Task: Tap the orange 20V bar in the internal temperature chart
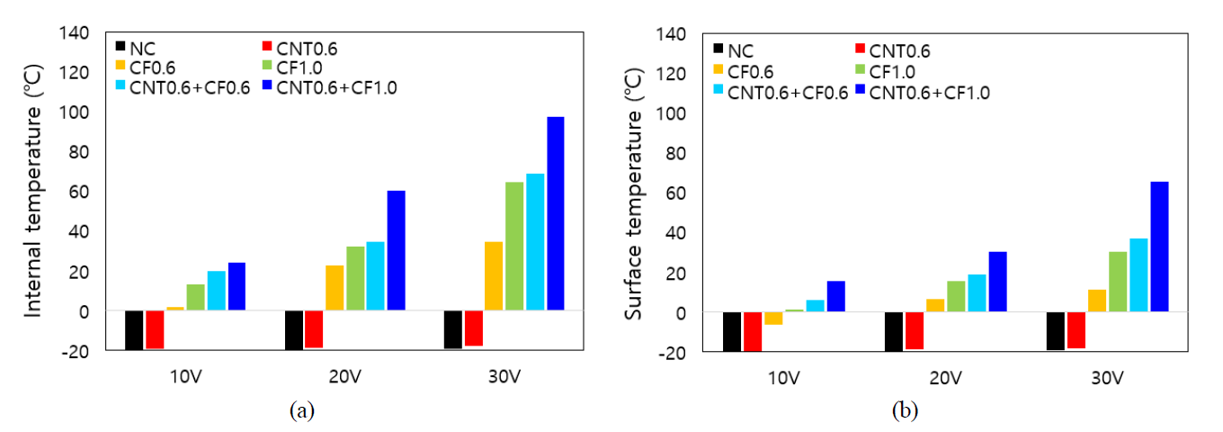tap(335, 288)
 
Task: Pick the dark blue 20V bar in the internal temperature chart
tap(396, 250)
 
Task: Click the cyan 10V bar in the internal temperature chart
tap(216, 291)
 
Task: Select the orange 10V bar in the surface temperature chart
tap(773, 319)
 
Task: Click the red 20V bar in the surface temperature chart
tap(915, 331)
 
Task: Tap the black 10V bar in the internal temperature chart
tap(134, 330)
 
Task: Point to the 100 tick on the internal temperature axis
tap(77, 112)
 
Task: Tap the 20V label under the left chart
tap(345, 376)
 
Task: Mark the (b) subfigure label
tap(905, 411)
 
